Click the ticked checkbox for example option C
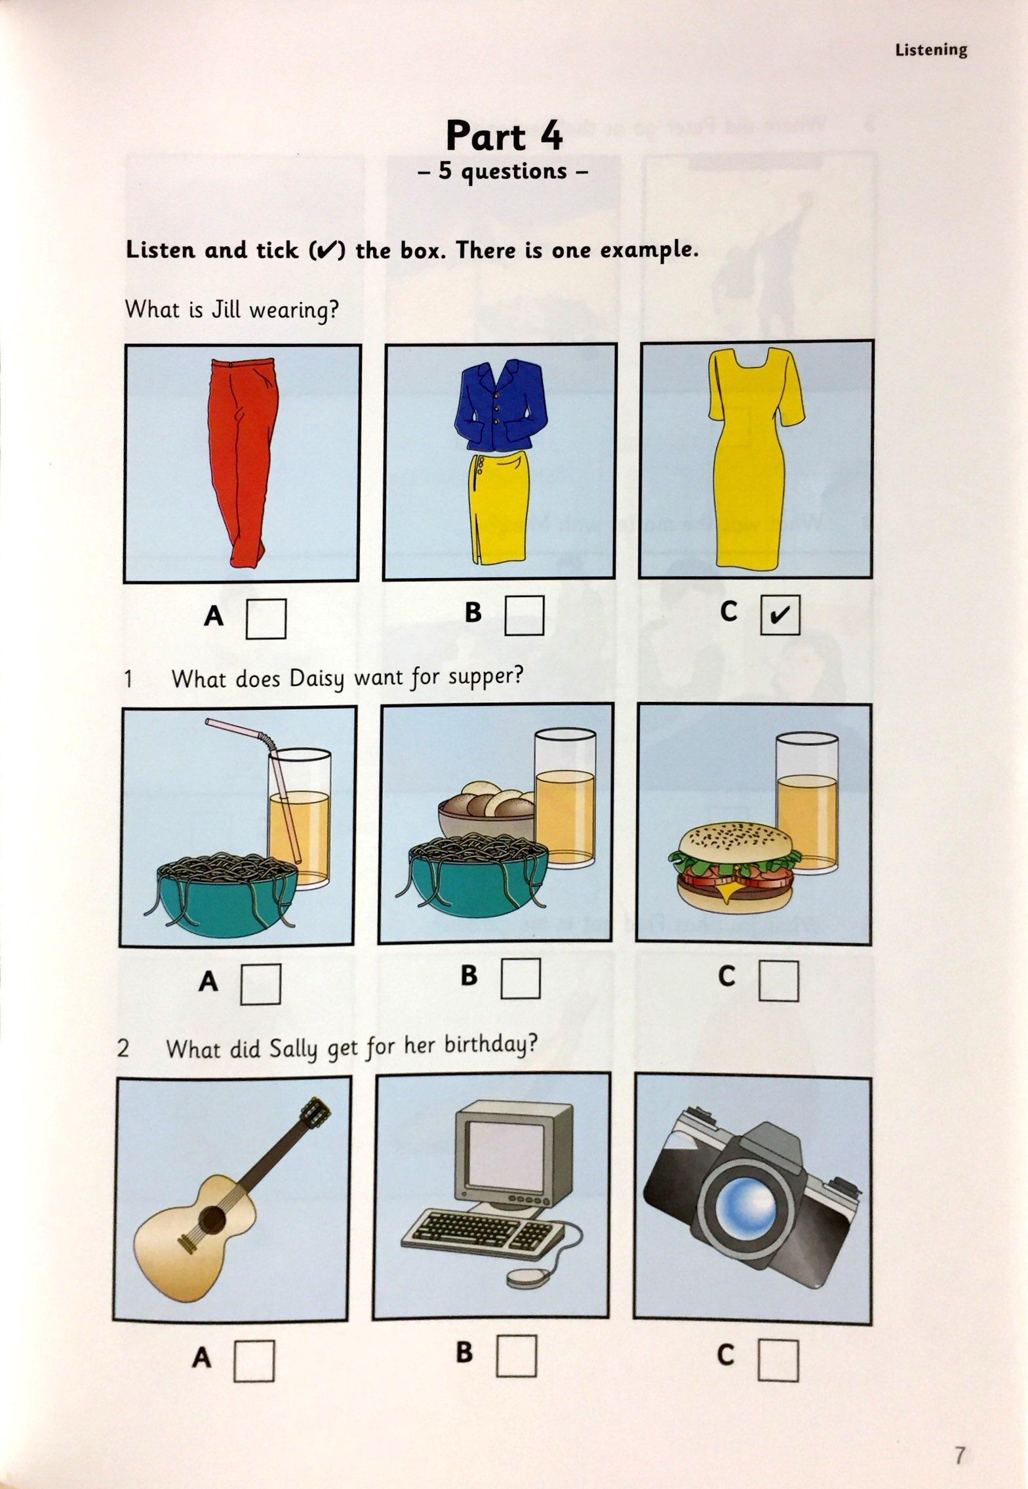point(780,615)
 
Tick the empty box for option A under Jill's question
point(266,619)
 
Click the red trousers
point(241,461)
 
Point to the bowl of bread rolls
point(487,811)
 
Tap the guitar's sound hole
point(214,1218)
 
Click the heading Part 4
point(504,136)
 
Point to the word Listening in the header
point(931,50)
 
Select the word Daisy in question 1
point(319,679)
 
